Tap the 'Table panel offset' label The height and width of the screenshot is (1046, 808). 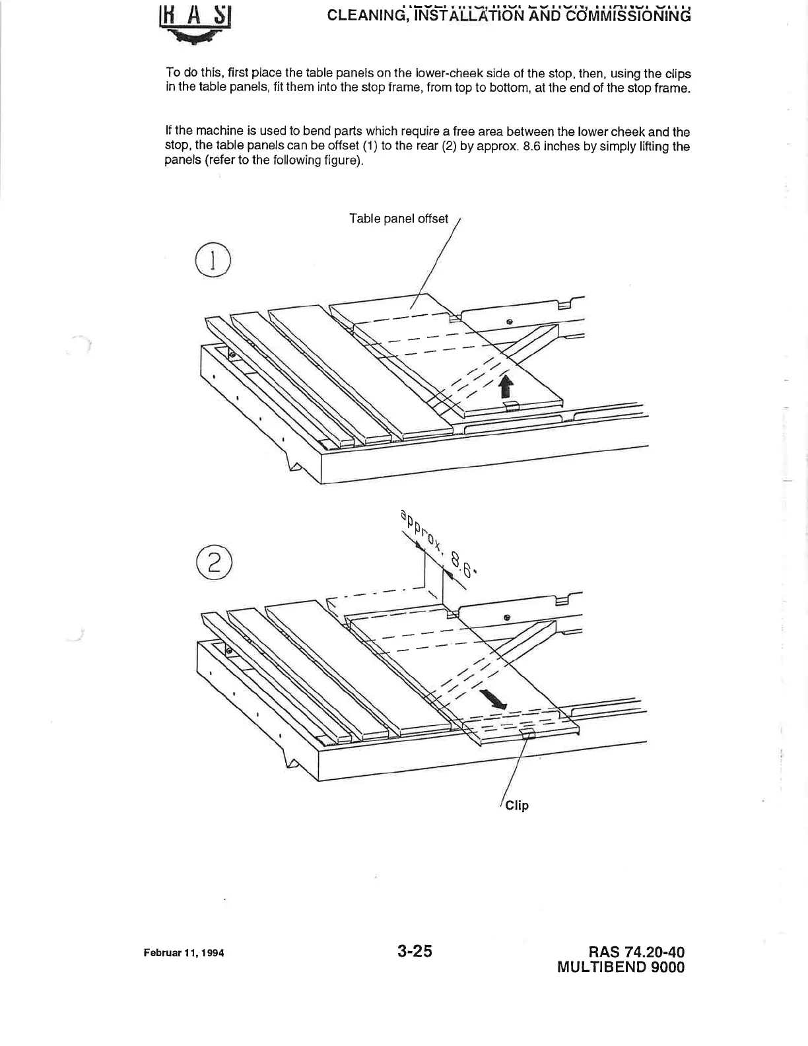[398, 219]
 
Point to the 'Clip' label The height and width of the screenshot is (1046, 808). [517, 805]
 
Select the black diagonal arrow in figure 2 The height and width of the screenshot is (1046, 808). [494, 699]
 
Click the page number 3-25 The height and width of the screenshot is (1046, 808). [415, 952]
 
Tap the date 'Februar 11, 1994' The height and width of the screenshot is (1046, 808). [184, 954]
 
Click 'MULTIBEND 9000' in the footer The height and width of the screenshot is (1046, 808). [621, 967]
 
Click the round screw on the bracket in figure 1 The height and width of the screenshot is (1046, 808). [509, 322]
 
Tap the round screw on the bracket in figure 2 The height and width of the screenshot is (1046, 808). [506, 617]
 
